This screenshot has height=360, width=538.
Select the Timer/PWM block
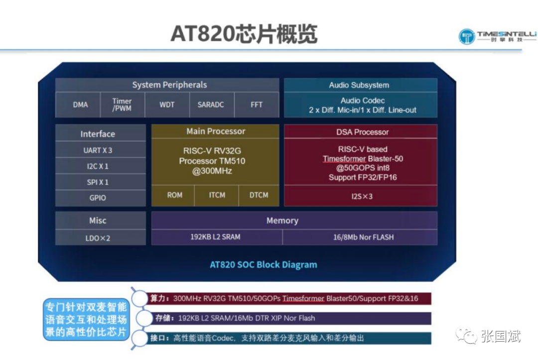tap(123, 105)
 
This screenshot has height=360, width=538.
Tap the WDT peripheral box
tap(167, 105)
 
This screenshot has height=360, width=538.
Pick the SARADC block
tap(212, 105)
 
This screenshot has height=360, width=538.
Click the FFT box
tap(257, 105)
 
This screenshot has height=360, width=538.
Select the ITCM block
tap(217, 195)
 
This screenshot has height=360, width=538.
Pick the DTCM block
tap(259, 195)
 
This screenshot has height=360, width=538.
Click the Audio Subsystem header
tap(361, 85)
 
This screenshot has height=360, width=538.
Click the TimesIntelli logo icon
tap(467, 36)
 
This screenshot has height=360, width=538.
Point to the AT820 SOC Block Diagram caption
tap(264, 265)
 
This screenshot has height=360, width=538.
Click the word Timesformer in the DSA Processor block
tap(344, 159)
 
